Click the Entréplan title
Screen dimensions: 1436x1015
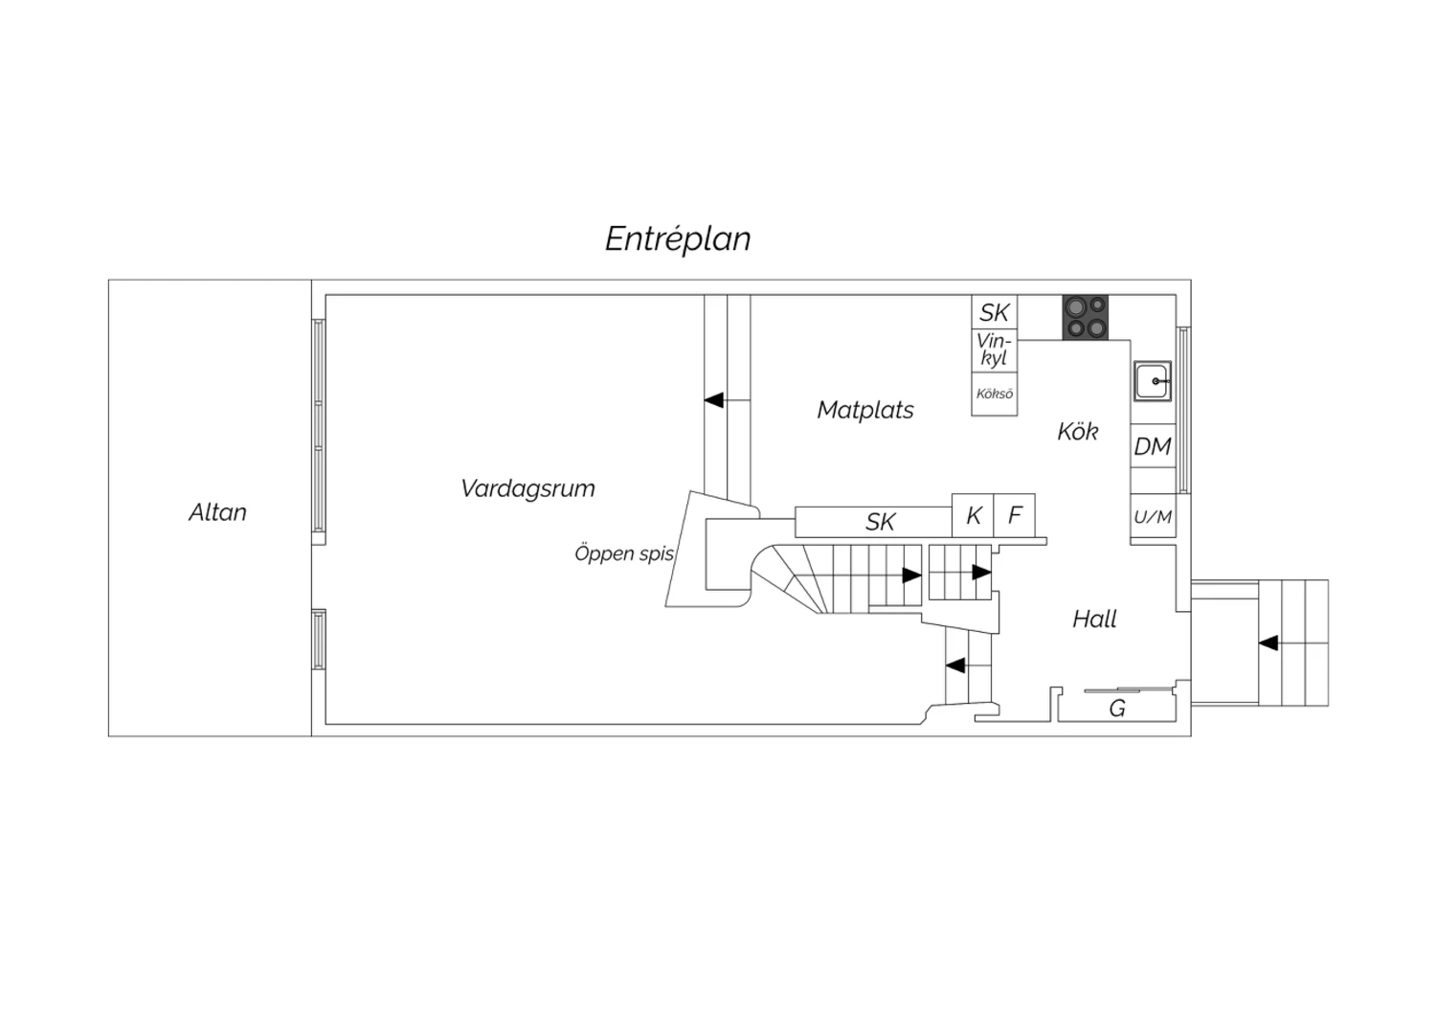point(678,239)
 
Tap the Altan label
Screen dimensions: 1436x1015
point(217,512)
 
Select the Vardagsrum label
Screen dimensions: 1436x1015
point(527,488)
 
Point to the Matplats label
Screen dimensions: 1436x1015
point(865,410)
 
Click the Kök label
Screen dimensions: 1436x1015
point(1078,432)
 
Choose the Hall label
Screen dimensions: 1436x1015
point(1094,619)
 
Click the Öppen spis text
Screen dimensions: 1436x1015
point(624,553)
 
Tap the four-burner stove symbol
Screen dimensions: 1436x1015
point(1086,317)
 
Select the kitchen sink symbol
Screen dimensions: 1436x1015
point(1153,381)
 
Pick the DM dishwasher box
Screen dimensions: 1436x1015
point(1153,445)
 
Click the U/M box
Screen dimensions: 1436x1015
point(1153,517)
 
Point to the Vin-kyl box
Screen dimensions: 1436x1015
point(995,350)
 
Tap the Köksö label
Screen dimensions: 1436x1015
point(995,394)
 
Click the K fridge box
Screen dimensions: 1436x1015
point(974,515)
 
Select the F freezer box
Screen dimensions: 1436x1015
point(1014,515)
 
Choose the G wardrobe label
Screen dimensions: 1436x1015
point(1117,709)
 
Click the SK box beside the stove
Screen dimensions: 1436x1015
point(995,312)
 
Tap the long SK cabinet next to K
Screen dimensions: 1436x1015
point(874,522)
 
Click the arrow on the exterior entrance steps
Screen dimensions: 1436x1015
point(1268,643)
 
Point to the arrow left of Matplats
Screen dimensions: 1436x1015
point(713,400)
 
